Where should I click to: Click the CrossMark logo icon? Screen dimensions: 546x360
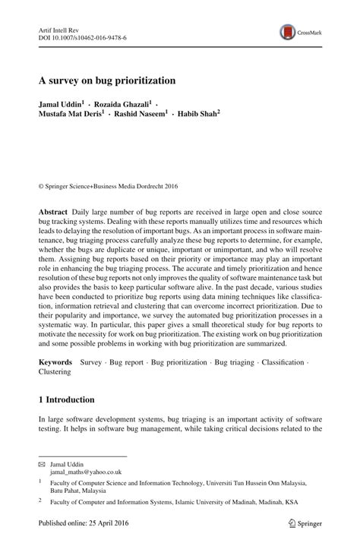pyautogui.click(x=288, y=32)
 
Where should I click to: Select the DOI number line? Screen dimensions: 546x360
pyautogui.click(x=83, y=37)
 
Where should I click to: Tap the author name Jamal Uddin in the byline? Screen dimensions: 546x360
pyautogui.click(x=65, y=103)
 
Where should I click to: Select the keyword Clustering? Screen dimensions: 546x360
pyautogui.click(x=55, y=372)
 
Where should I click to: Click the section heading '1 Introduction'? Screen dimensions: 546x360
pyautogui.click(x=67, y=399)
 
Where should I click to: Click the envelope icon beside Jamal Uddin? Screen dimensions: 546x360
pyautogui.click(x=42, y=462)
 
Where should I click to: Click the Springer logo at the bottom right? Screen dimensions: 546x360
pyautogui.click(x=299, y=523)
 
